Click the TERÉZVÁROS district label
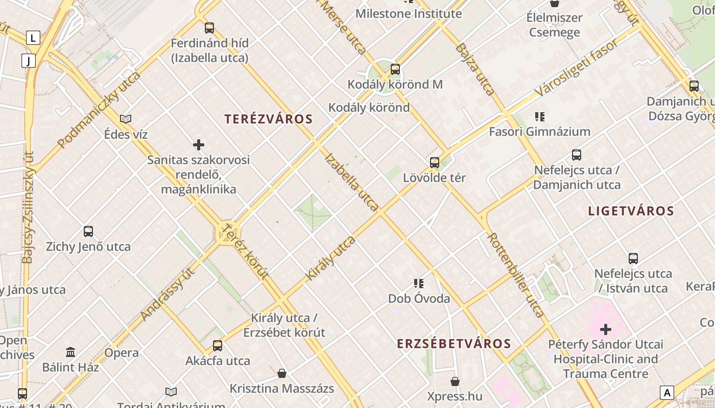[268, 119]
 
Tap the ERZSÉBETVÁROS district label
[454, 344]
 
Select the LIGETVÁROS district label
[631, 211]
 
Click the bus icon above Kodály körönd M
[395, 69]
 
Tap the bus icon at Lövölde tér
[435, 163]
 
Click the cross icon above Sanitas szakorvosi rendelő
[199, 145]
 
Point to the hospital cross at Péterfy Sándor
[605, 329]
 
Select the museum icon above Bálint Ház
[70, 352]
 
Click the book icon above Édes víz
[126, 119]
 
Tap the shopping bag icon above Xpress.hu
[455, 381]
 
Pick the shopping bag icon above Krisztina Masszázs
[281, 373]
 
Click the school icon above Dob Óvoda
[419, 283]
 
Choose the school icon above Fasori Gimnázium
[539, 117]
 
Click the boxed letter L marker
[33, 38]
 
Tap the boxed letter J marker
[29, 61]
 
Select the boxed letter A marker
[666, 393]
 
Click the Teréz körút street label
[247, 251]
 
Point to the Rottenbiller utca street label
[516, 275]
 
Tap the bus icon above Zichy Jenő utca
[88, 232]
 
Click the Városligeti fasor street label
[577, 68]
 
